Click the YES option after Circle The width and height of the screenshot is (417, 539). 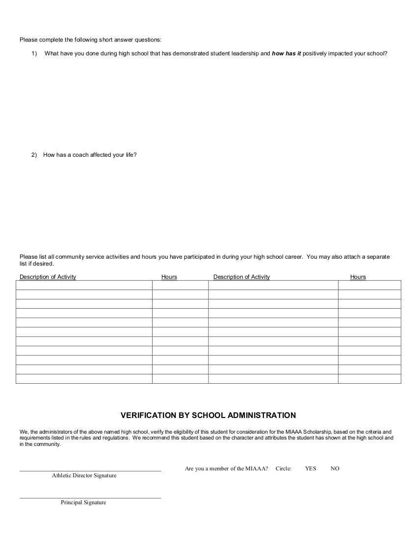point(311,469)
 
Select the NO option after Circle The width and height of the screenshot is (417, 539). point(335,469)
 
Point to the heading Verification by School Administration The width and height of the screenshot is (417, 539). point(208,416)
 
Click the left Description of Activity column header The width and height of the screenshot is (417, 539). point(48,277)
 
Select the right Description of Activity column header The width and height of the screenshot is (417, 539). point(241,277)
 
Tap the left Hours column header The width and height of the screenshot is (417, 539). point(169,277)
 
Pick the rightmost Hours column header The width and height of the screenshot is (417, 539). point(358,277)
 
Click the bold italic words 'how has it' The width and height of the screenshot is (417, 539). point(287,53)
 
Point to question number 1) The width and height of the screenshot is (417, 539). point(34,53)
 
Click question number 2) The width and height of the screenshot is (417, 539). point(34,155)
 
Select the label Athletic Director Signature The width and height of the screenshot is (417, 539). point(84,476)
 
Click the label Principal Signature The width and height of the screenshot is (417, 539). point(83,503)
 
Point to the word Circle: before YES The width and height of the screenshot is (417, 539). point(284,469)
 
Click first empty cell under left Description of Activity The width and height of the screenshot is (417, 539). point(84,285)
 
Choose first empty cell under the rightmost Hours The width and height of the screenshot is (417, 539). point(369,285)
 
